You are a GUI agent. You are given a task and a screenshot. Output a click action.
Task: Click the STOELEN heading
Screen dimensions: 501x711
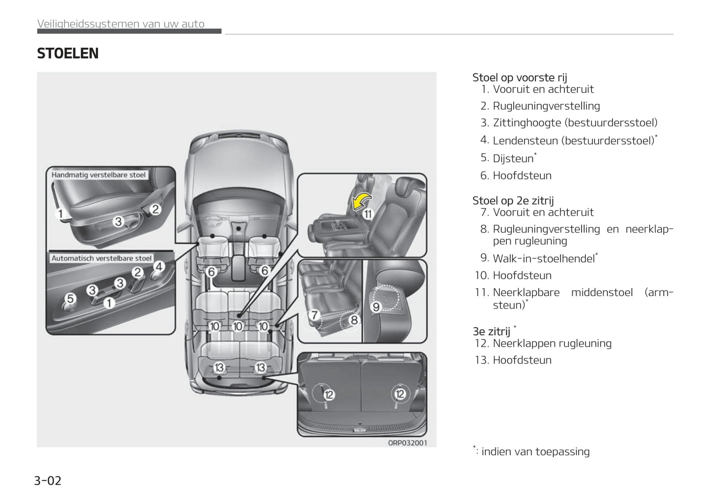(68, 54)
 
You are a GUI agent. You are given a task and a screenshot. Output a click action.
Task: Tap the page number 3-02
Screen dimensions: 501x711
(48, 480)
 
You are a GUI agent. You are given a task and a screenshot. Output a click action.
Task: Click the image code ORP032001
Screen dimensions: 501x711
(407, 442)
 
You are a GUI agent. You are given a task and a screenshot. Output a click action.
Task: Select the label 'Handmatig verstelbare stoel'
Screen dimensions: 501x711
(98, 175)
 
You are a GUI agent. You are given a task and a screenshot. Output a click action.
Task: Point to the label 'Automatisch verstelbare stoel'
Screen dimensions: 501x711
(101, 258)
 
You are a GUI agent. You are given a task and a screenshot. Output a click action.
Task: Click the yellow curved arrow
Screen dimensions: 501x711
(361, 201)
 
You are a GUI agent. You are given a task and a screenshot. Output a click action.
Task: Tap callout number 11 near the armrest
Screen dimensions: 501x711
(368, 214)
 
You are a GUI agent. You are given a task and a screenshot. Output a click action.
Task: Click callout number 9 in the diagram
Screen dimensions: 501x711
(376, 307)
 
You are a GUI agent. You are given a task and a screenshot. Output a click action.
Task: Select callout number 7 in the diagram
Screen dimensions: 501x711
(313, 315)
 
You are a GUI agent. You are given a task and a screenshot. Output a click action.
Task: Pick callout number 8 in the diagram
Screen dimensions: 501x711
(354, 320)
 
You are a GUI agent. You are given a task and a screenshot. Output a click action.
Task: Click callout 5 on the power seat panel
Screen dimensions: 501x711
(70, 298)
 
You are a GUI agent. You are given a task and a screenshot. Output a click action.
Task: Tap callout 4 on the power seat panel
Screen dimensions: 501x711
(158, 266)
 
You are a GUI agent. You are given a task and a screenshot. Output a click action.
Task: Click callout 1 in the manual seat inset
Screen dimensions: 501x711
(61, 213)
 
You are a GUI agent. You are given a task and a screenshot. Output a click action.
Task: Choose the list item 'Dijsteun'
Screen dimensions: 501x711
(513, 158)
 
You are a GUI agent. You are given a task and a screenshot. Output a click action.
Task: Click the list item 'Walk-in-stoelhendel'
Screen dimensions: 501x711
(543, 259)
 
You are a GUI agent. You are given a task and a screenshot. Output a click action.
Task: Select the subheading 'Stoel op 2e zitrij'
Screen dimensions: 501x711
(513, 201)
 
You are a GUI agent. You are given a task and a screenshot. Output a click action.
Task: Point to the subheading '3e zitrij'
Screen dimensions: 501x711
(491, 331)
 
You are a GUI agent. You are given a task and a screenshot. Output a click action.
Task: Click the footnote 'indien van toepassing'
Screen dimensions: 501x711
(535, 451)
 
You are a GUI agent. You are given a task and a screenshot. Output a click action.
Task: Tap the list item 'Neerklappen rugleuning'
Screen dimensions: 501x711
(552, 343)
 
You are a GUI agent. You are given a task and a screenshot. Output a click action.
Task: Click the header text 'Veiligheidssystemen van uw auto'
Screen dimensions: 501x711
(121, 24)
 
